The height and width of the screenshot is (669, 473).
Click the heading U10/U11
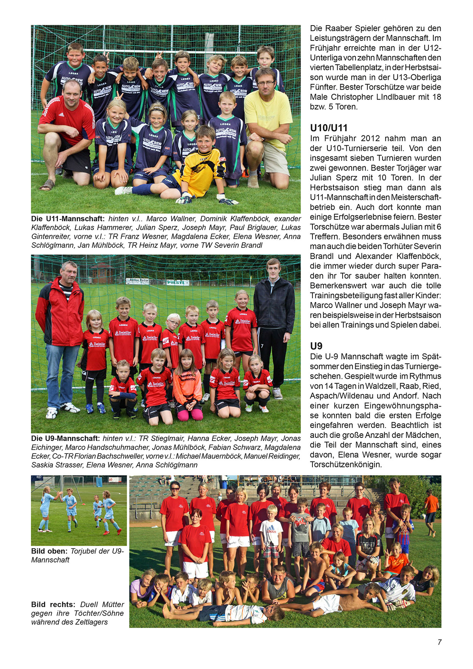(x=329, y=128)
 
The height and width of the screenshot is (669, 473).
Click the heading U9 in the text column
(x=316, y=346)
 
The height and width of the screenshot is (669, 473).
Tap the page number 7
(x=439, y=642)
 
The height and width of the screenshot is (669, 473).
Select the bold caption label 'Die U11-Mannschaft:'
(x=68, y=219)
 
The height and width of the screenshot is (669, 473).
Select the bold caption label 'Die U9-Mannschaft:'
(x=65, y=439)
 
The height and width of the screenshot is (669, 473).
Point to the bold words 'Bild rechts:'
(x=53, y=605)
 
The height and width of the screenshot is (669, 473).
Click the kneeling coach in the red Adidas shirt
(x=67, y=130)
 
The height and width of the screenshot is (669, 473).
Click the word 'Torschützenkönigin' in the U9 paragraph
(x=346, y=465)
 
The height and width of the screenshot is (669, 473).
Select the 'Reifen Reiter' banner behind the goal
(x=137, y=281)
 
